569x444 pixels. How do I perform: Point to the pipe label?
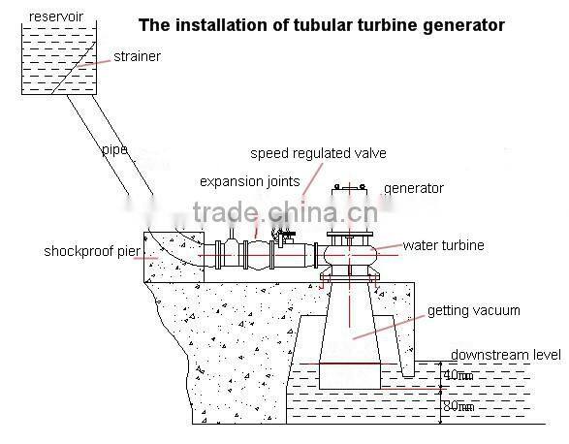tap(113, 152)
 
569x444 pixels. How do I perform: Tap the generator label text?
tap(414, 188)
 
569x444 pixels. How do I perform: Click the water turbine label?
tap(444, 246)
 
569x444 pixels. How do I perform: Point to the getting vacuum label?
tap(474, 311)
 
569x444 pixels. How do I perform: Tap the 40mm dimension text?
tap(457, 375)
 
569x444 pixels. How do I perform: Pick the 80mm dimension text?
tap(457, 407)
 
